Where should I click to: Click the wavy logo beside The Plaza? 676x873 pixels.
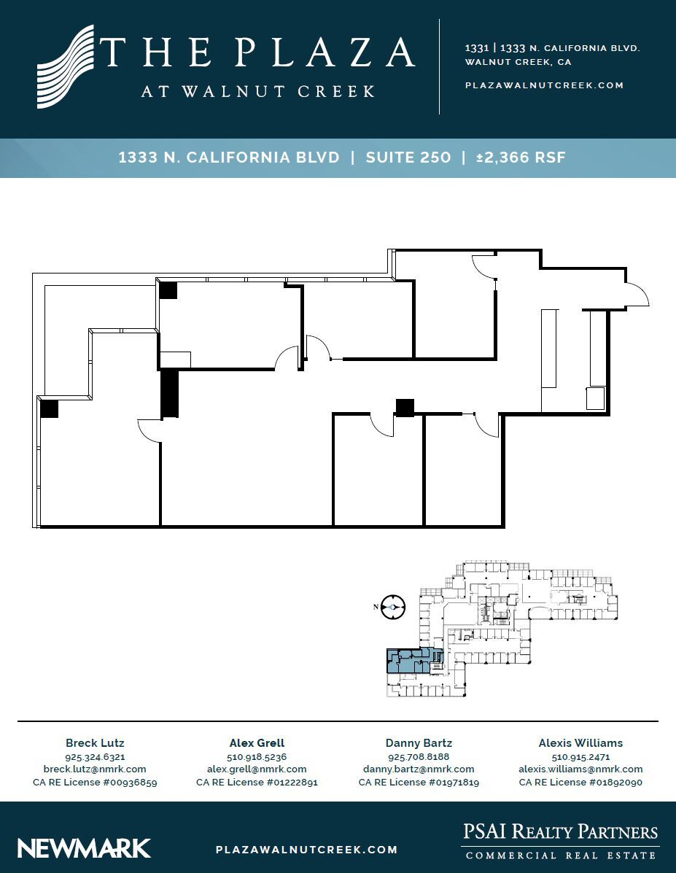pos(66,67)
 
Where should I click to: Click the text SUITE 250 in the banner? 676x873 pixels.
pos(408,158)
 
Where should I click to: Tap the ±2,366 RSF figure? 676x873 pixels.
pos(521,158)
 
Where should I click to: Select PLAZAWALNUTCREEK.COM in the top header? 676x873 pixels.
pos(544,85)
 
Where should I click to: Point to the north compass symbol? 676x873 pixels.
pos(393,607)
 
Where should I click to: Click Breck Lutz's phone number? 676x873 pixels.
pos(95,757)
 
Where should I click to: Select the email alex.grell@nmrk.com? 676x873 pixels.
pos(257,769)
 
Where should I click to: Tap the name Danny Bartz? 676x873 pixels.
pos(419,743)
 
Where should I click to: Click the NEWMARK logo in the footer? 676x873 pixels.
pos(84,848)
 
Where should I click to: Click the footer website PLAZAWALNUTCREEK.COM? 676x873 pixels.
pos(307,850)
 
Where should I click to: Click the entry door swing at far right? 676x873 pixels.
pos(637,294)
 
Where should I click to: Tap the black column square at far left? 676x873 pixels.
pos(49,408)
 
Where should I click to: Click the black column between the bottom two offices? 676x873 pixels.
pos(405,407)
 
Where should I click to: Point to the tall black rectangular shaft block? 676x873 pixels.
pos(169,393)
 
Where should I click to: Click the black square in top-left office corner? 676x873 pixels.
pos(168,290)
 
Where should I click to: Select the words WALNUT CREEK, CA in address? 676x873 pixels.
pos(518,62)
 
